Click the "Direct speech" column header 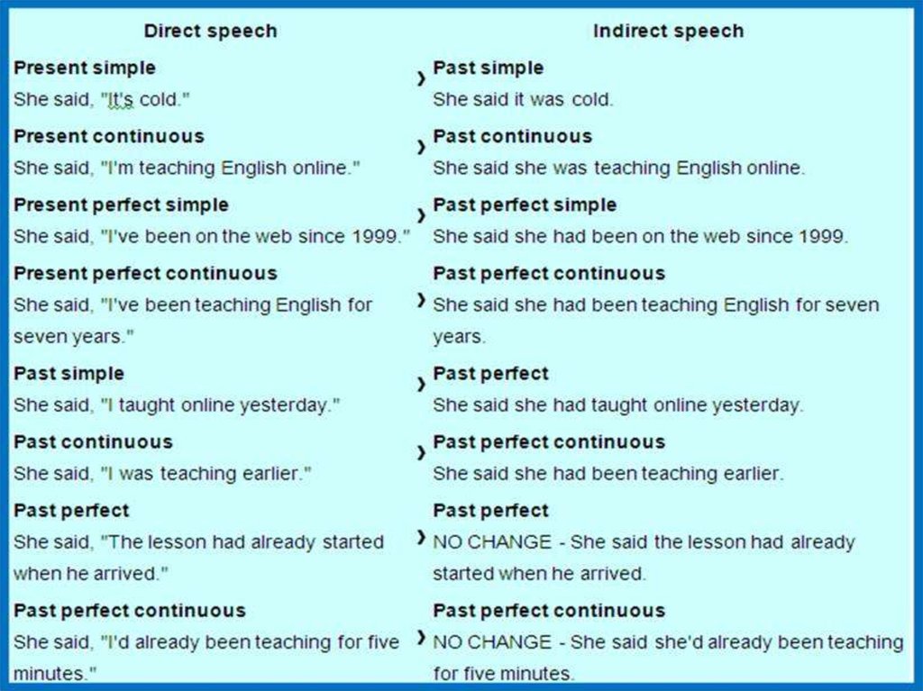tap(210, 32)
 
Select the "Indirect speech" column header tap(668, 32)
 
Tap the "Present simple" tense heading tap(85, 68)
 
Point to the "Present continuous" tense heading tap(109, 137)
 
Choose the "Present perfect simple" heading tap(121, 205)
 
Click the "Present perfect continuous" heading tap(145, 274)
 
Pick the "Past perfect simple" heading tap(525, 205)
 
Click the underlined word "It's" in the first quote tap(121, 100)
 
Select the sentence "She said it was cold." tap(523, 100)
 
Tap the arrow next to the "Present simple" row tap(421, 80)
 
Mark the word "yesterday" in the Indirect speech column tap(755, 405)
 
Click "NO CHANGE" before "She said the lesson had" tap(491, 542)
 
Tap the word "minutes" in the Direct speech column tap(50, 673)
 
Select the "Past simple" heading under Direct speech tap(69, 374)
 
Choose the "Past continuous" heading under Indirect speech tap(513, 137)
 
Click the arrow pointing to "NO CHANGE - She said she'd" tap(421, 639)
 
